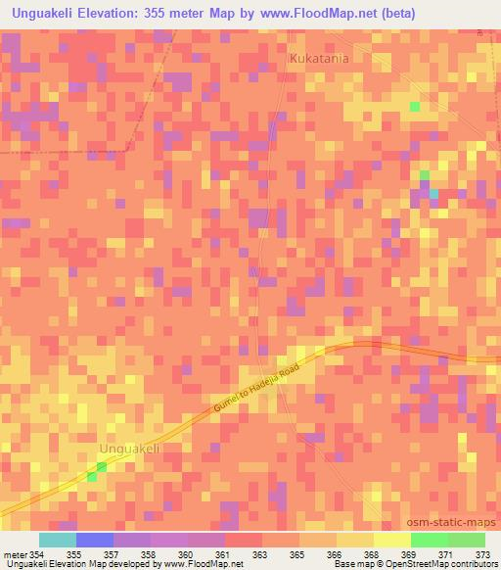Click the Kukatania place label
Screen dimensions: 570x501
click(319, 59)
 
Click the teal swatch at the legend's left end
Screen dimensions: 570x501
click(58, 540)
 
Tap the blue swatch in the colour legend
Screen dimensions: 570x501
click(95, 540)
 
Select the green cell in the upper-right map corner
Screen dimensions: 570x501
click(415, 106)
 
